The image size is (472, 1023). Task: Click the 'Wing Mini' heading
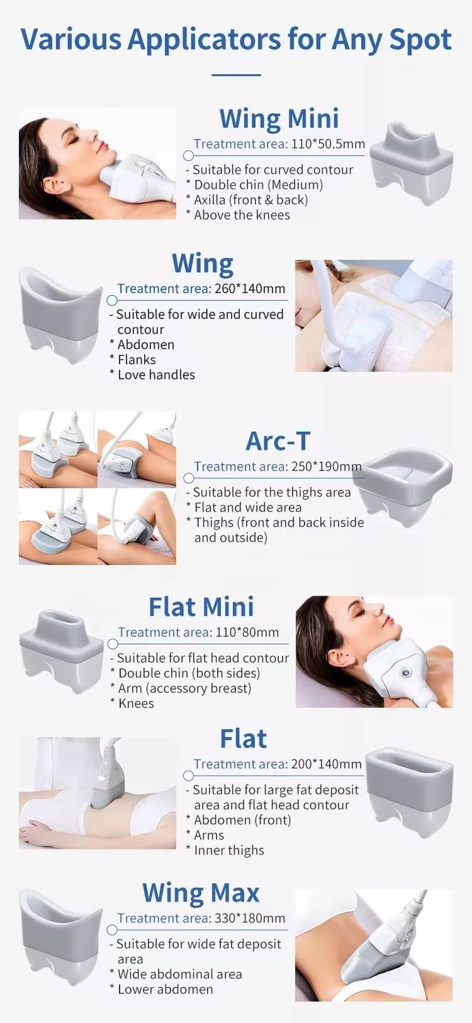279,119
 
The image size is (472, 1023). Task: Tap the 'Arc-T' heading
278,442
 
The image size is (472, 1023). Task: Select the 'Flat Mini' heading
201,607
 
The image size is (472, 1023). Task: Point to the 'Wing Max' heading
201,893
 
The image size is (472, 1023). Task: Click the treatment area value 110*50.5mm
328,144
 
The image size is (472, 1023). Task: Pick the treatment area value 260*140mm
250,289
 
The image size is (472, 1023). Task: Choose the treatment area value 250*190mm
326,467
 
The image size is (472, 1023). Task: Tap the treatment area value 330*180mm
250,919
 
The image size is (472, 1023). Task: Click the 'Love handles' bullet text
156,375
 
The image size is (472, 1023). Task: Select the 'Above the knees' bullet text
242,215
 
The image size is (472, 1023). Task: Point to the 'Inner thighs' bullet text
228,851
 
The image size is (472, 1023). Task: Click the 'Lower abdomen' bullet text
165,990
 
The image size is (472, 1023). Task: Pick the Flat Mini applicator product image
61,651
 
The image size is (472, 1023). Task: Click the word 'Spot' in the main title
420,40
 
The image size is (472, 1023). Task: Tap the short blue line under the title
236,75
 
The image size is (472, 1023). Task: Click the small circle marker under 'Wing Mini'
188,155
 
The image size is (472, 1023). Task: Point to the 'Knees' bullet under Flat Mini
136,703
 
